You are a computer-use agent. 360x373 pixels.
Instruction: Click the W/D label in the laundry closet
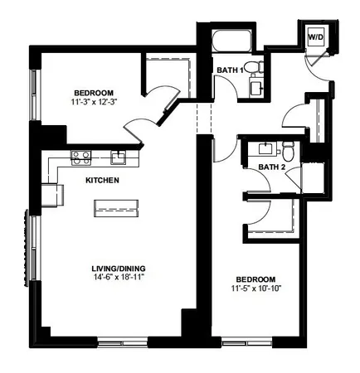tap(316, 37)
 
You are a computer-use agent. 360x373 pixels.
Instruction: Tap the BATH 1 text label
tap(229, 70)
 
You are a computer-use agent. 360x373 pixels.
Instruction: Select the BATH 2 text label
tap(270, 167)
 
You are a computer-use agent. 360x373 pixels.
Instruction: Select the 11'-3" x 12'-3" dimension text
tap(93, 102)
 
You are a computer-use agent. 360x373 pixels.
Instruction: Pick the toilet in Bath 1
tap(256, 65)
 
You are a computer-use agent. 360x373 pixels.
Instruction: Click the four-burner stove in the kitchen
tap(80, 154)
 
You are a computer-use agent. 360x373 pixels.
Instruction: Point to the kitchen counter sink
tap(119, 155)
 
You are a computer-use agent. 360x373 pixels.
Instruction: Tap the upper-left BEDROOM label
tap(93, 92)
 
